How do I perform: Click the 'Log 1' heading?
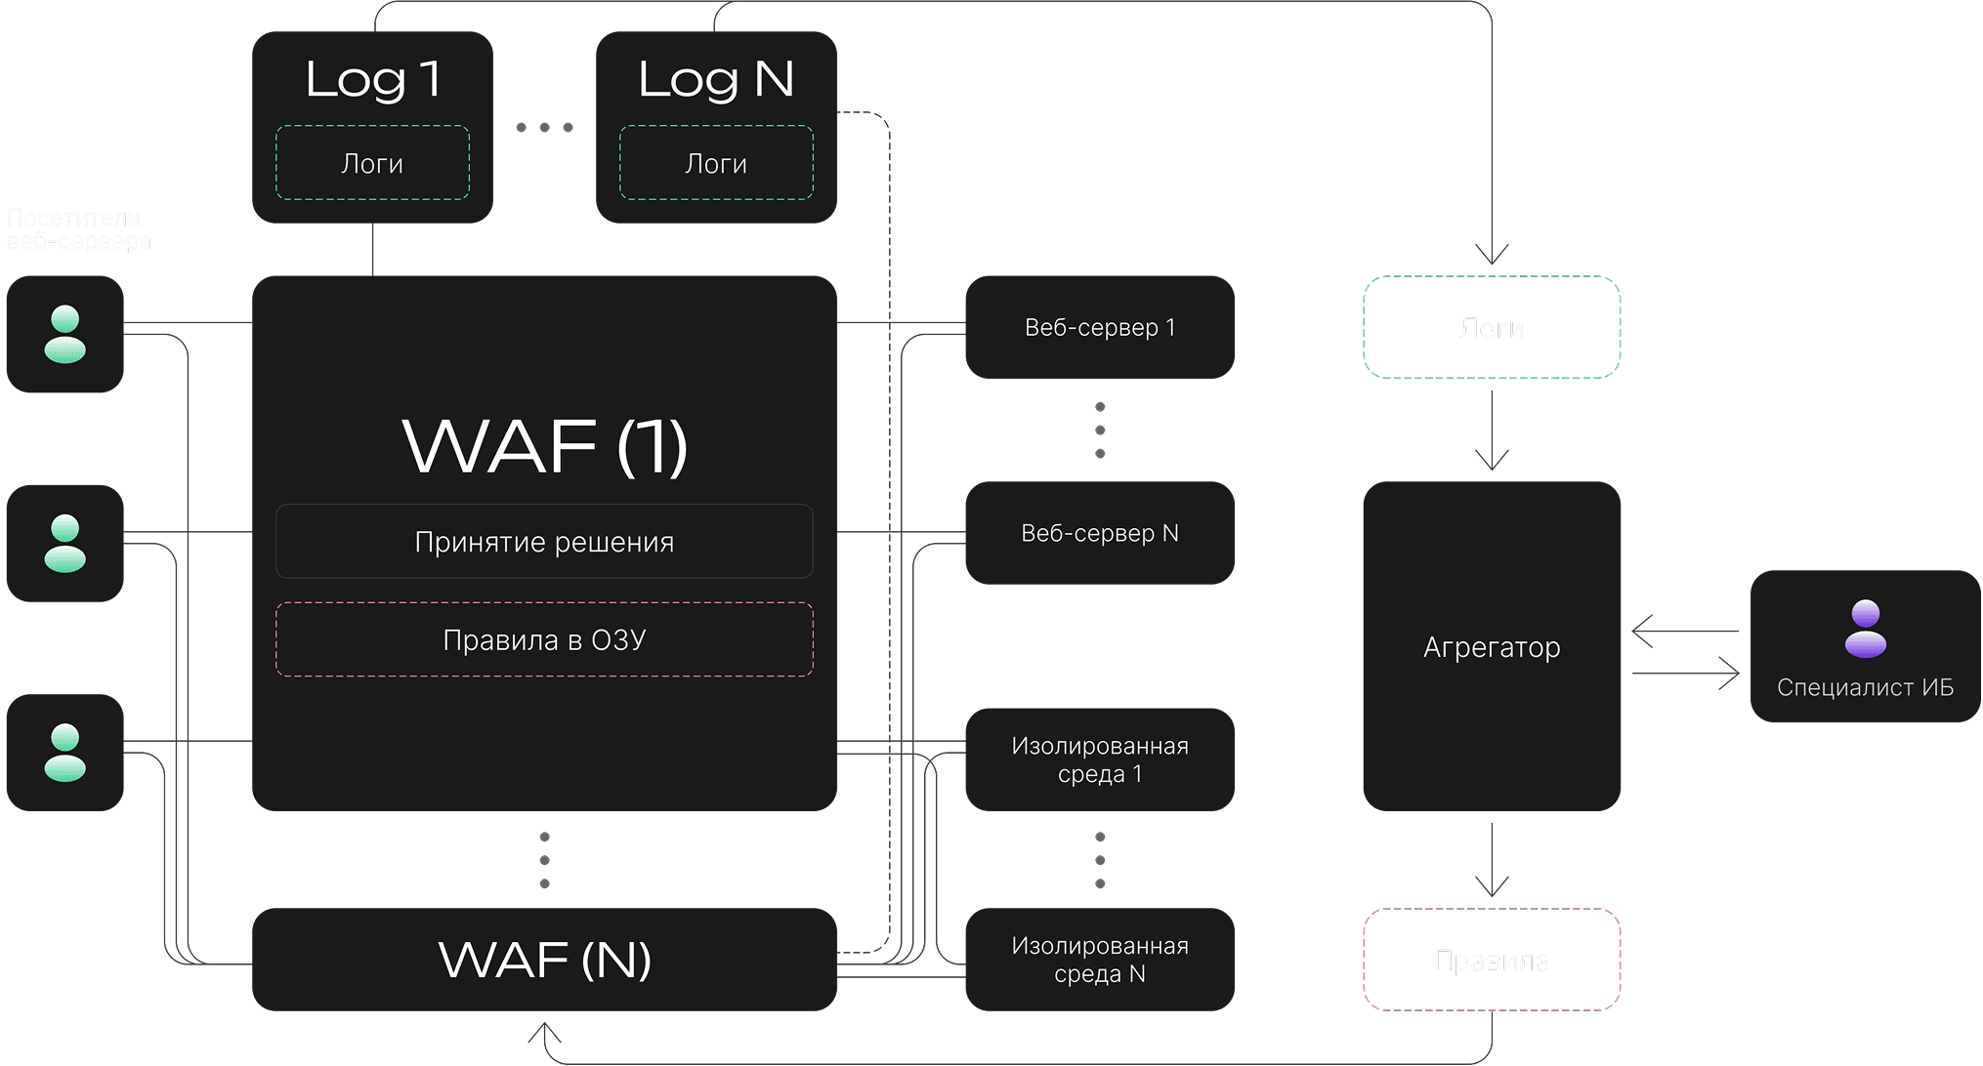tap(372, 79)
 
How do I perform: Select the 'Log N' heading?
tap(716, 79)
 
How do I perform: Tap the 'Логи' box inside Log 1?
tap(372, 163)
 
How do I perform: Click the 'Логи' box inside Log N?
tap(716, 163)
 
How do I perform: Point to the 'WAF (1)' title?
tap(544, 446)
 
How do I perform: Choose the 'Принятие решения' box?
tap(544, 542)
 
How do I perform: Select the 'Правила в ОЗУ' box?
tap(544, 639)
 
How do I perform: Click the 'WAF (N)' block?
tap(544, 960)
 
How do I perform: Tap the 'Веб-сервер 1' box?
tap(1099, 327)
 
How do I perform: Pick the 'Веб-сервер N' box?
tap(1099, 533)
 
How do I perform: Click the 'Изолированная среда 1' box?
tap(1099, 759)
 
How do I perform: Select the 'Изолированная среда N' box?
tap(1099, 960)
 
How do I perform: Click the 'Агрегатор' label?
tap(1492, 647)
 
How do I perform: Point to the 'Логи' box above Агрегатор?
tap(1492, 328)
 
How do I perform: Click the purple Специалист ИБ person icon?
tap(1865, 628)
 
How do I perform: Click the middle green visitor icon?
tap(64, 543)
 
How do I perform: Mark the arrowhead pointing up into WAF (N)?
tap(544, 1029)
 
